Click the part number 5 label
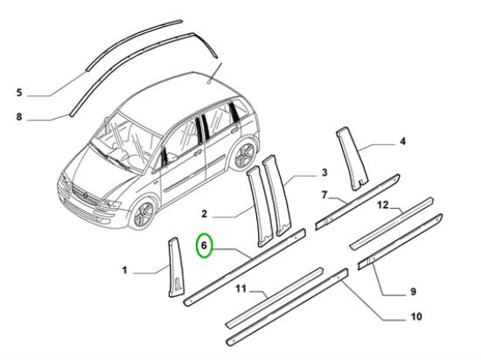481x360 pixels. (x=19, y=93)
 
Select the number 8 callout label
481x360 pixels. (x=19, y=116)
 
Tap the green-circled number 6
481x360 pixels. (x=205, y=246)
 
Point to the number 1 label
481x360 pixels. (x=124, y=270)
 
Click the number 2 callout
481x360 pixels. (x=205, y=213)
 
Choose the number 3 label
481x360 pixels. (x=324, y=172)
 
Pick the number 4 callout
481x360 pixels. (x=403, y=142)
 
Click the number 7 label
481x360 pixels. (x=324, y=195)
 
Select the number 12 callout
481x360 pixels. (x=383, y=204)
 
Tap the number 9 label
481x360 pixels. (x=413, y=291)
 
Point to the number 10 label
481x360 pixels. (x=416, y=316)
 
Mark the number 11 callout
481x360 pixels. (x=241, y=288)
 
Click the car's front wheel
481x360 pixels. (x=143, y=212)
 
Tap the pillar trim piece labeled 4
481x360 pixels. (x=352, y=158)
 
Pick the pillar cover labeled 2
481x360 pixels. (x=260, y=206)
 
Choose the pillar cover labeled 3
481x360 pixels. (x=276, y=196)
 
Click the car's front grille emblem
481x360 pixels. (x=85, y=195)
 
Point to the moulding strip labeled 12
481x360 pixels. (x=392, y=224)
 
